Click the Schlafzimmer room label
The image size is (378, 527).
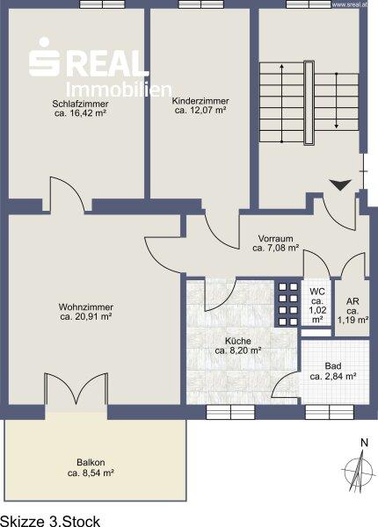pos(80,104)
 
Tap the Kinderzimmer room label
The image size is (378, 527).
pos(200,101)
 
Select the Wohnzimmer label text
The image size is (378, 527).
pos(86,307)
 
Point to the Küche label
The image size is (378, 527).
pos(238,341)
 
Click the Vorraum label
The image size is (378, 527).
pos(275,239)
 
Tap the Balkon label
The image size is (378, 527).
pos(91,463)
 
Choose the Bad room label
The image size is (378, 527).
pos(333,366)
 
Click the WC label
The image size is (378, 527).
pos(317,291)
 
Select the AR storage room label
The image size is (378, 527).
pos(353,301)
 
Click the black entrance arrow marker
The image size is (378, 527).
pos(340,184)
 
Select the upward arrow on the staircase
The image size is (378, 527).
pos(282,103)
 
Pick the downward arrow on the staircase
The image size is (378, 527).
pos(337,100)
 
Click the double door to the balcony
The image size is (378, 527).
pos(76,389)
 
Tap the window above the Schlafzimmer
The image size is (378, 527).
pos(102,4)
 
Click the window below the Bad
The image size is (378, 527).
pos(330,412)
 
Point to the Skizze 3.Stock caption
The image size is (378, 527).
pos(50,521)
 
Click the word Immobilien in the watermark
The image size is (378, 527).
pos(119,90)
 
